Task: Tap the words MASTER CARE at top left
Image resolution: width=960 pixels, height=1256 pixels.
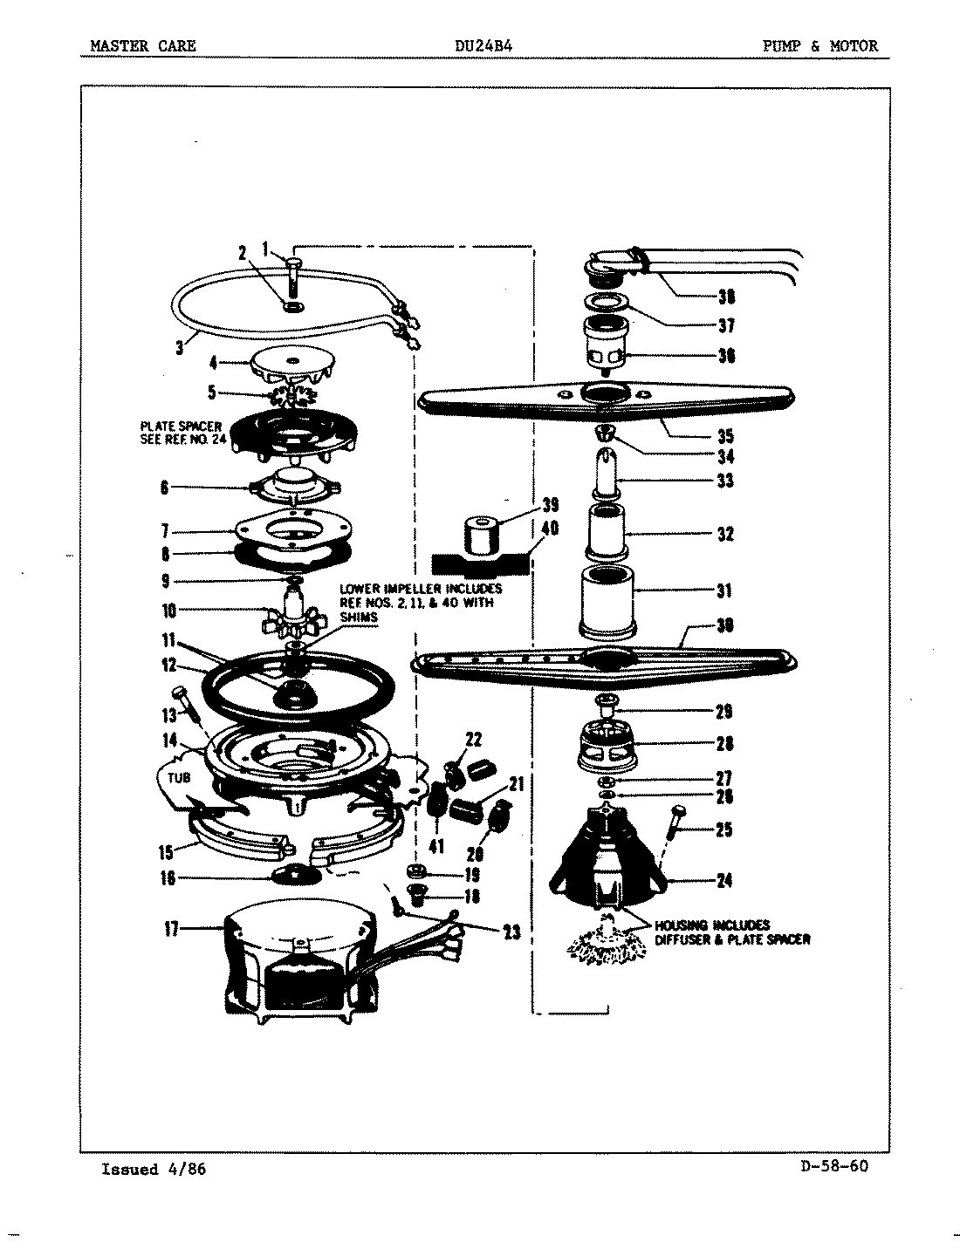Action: coord(143,46)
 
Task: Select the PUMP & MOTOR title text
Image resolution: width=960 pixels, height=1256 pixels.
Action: coord(820,46)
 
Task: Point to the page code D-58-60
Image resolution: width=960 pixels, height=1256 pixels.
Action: coord(833,1167)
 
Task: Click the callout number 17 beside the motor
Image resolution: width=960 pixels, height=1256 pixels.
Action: coord(173,930)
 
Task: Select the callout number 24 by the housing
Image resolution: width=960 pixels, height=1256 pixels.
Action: coord(723,880)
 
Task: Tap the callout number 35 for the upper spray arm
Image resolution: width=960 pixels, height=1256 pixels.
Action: coord(724,436)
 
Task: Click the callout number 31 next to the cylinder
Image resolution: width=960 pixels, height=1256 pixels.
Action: coord(723,590)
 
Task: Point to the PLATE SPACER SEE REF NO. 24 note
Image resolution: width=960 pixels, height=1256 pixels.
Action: coord(182,433)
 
